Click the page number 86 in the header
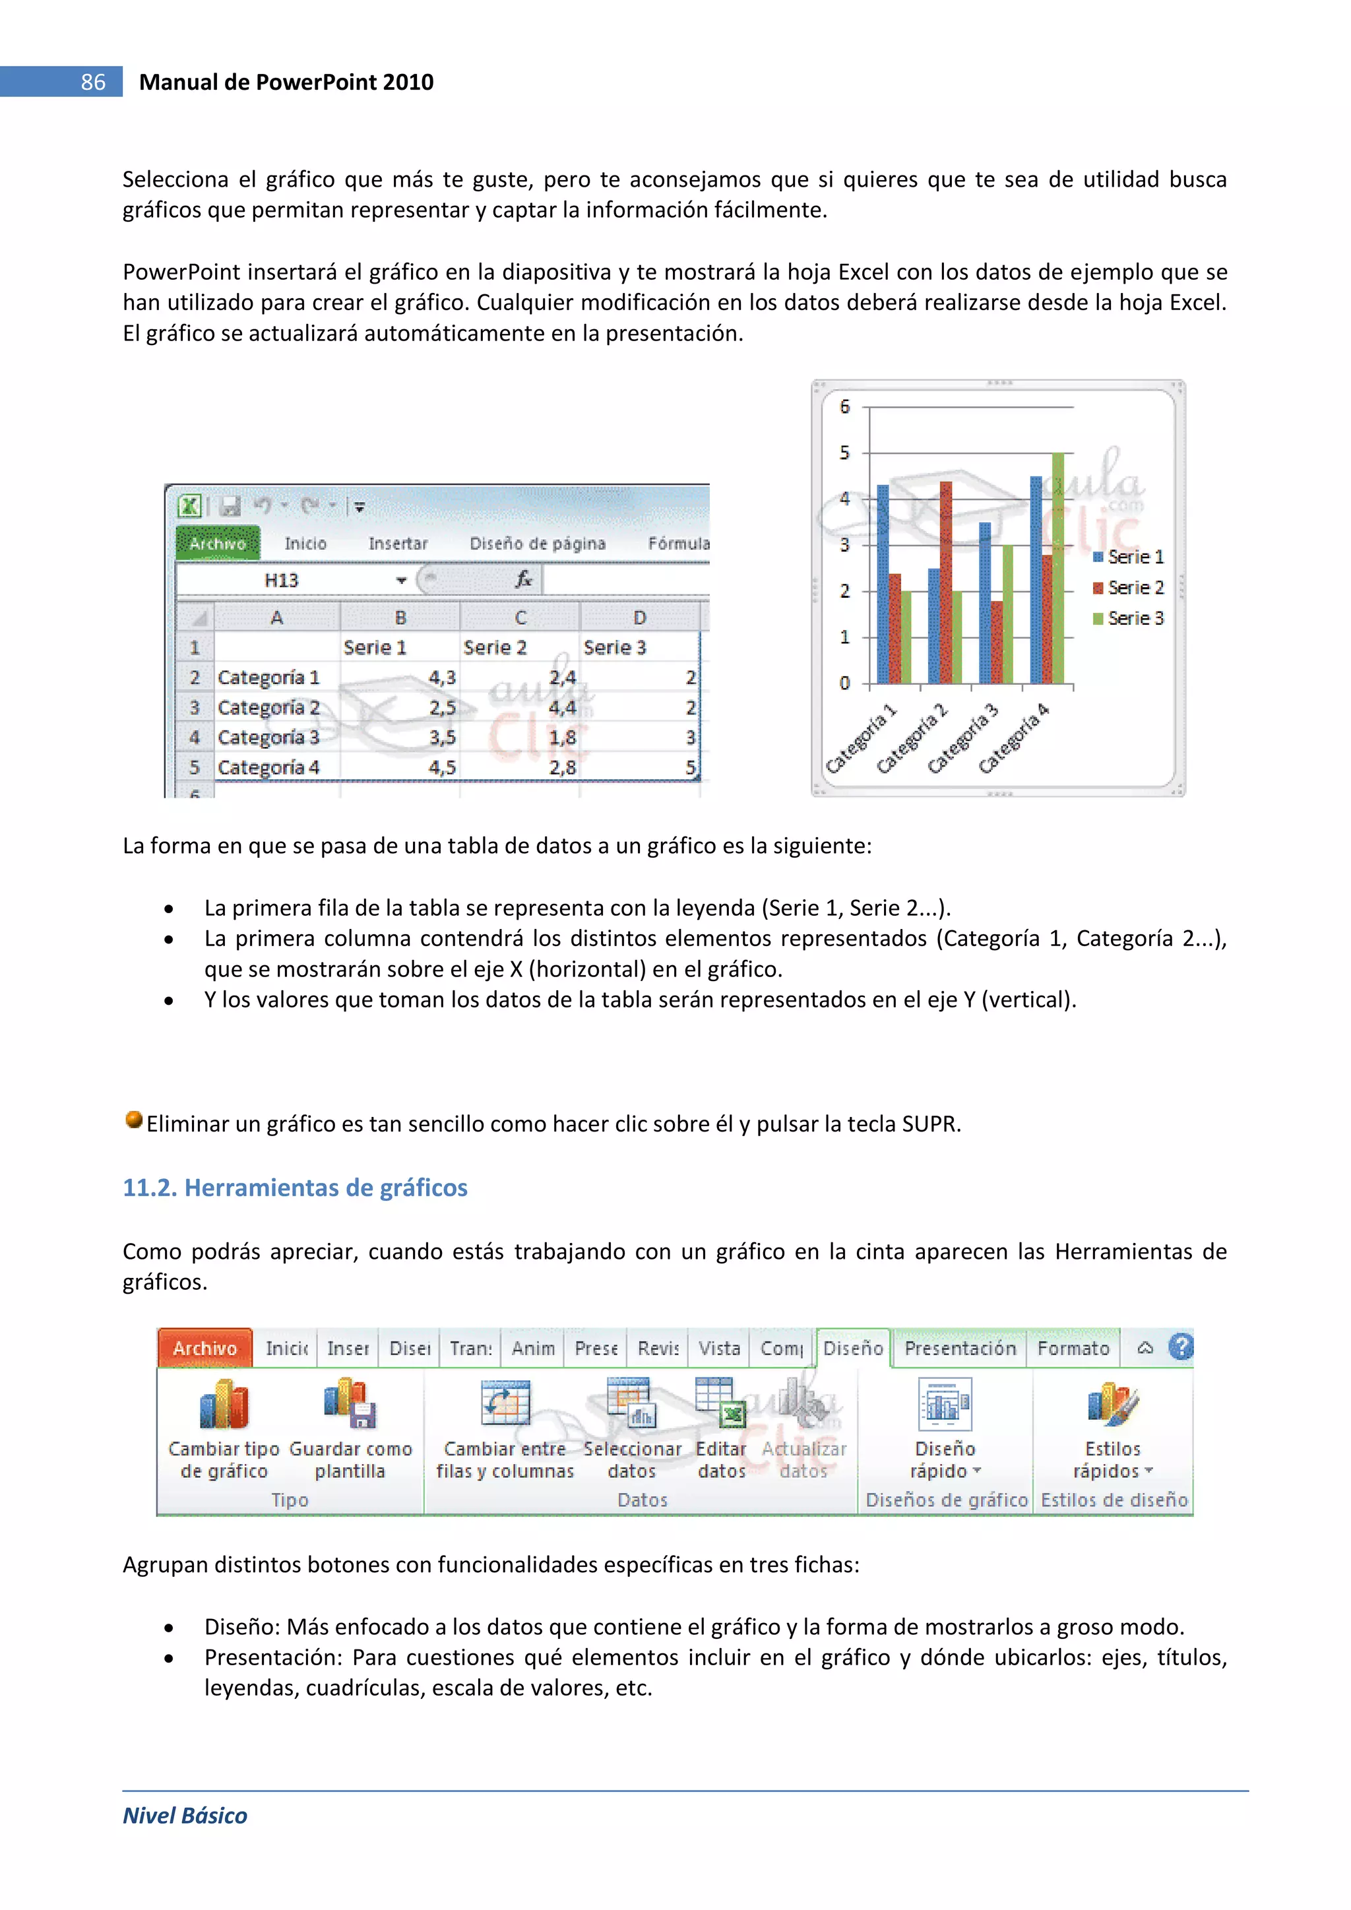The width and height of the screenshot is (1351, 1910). point(92,82)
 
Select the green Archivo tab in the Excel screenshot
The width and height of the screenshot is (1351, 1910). point(218,543)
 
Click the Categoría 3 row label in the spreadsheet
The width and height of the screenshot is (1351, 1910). point(268,737)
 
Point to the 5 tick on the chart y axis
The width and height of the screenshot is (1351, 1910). point(844,453)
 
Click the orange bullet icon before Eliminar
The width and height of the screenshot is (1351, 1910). point(133,1120)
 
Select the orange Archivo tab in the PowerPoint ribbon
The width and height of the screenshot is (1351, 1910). point(204,1348)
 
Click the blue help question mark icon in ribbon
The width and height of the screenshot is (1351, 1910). point(1179,1347)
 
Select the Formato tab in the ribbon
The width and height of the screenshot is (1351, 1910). point(1073,1348)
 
